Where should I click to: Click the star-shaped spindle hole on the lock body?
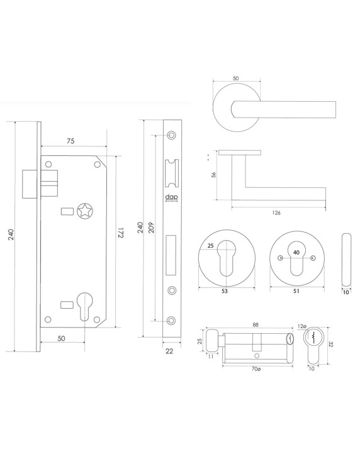coord(84,211)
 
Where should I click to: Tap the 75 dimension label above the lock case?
coord(70,141)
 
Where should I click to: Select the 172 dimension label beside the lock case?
coord(120,233)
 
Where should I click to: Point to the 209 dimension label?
coord(151,227)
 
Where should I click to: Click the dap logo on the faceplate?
coord(171,197)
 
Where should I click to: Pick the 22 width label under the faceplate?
coord(169,351)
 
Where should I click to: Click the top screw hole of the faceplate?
coord(172,135)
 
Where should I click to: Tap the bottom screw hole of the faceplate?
coord(172,321)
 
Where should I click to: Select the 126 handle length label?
coord(276,213)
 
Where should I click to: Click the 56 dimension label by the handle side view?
coord(213,175)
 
